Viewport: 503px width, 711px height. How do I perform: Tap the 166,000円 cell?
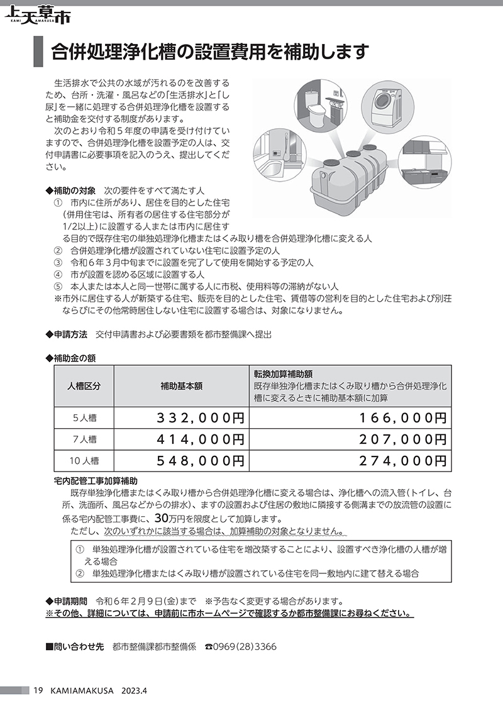(x=403, y=417)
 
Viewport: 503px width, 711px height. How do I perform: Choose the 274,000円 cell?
(x=403, y=460)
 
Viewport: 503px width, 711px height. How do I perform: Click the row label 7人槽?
(x=84, y=439)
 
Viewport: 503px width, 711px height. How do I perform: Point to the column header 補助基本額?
(x=182, y=387)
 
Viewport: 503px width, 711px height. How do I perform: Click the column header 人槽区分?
(x=84, y=387)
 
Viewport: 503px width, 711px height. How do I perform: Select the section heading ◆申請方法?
(x=67, y=334)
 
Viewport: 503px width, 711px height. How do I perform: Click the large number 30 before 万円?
(x=160, y=519)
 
